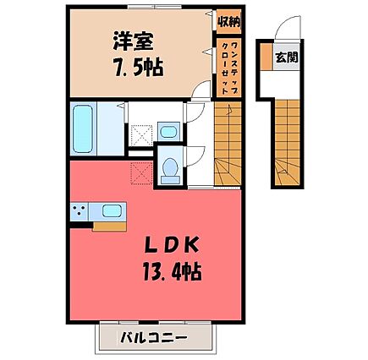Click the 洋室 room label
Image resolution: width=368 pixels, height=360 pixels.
pyautogui.click(x=134, y=41)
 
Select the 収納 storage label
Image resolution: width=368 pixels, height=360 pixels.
pyautogui.click(x=229, y=22)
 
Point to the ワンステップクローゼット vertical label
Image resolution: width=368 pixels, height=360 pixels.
pyautogui.click(x=228, y=68)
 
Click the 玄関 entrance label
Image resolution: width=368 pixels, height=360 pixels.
pyautogui.click(x=287, y=57)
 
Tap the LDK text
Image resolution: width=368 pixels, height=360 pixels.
pyautogui.click(x=171, y=244)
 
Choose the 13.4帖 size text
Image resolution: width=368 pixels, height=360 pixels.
pyautogui.click(x=172, y=271)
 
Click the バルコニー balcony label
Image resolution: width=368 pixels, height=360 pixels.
pyautogui.click(x=153, y=337)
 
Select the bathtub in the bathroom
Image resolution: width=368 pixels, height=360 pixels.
pyautogui.click(x=83, y=128)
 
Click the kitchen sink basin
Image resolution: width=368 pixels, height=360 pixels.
pyautogui.click(x=112, y=210)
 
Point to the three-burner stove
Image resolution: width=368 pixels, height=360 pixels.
pyautogui.click(x=80, y=211)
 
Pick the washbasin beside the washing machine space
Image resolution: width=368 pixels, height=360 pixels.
pyautogui.click(x=168, y=131)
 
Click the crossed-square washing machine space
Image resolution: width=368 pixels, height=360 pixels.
pyautogui.click(x=141, y=136)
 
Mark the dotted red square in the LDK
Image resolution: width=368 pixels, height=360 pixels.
pyautogui.click(x=141, y=174)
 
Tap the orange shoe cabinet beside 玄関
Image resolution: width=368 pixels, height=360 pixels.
pyautogui.click(x=266, y=57)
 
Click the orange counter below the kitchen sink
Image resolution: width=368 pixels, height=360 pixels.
pyautogui.click(x=109, y=226)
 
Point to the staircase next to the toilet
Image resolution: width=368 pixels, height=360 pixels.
pyautogui.click(x=228, y=144)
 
